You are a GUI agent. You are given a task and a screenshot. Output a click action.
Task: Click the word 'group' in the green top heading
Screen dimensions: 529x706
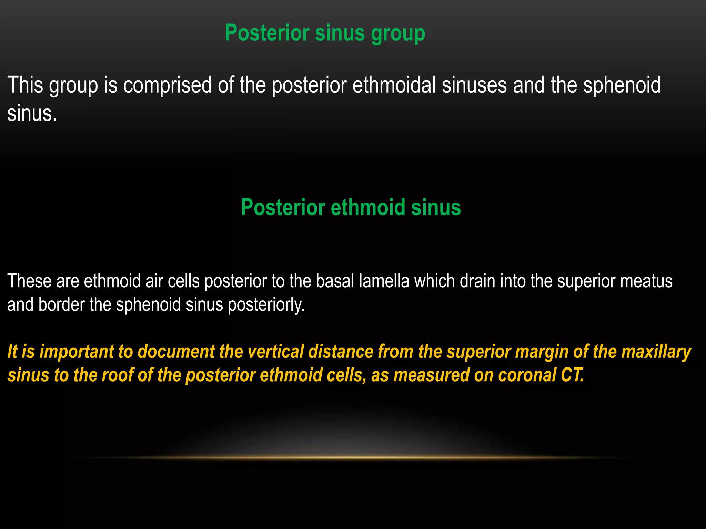(x=398, y=34)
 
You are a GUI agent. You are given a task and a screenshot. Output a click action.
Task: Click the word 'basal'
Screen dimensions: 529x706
(x=335, y=281)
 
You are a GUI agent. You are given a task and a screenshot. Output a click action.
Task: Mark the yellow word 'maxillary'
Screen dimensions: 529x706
(x=656, y=352)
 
